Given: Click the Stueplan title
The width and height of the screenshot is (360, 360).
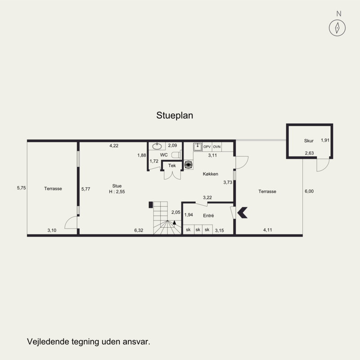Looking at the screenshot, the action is [x=175, y=116].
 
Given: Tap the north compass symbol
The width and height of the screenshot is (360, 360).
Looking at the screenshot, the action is [x=337, y=28].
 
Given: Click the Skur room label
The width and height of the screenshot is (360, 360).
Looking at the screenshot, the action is [x=309, y=141].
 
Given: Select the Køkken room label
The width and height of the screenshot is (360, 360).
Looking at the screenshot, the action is [x=210, y=174].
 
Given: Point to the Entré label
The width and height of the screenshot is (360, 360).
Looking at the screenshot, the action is [x=208, y=216].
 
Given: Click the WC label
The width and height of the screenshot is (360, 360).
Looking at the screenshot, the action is [x=164, y=155].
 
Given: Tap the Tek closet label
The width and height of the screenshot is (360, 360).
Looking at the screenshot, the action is [x=172, y=166].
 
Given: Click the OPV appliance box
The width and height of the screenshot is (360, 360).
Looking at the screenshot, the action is [x=207, y=147].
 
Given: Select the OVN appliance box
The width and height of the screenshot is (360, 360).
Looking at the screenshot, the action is [x=217, y=147].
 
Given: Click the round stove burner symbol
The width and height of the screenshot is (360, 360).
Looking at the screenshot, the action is [x=188, y=165].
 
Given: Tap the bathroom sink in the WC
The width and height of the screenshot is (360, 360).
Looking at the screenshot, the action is [x=157, y=146].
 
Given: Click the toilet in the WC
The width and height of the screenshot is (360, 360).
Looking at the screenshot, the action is [x=176, y=155].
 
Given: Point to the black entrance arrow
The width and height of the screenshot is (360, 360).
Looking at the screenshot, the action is [x=242, y=212].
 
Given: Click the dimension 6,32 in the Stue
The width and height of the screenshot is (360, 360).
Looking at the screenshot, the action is [x=139, y=230].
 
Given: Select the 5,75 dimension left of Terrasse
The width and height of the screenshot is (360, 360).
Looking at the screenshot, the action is [x=21, y=188].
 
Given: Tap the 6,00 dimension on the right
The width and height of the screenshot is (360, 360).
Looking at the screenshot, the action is [x=309, y=191].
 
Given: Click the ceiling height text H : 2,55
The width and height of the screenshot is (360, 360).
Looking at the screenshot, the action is [x=117, y=192].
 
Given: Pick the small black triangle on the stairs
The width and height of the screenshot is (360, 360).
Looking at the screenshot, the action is [x=175, y=222].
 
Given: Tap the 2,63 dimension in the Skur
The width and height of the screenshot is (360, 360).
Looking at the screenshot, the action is [x=309, y=153].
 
